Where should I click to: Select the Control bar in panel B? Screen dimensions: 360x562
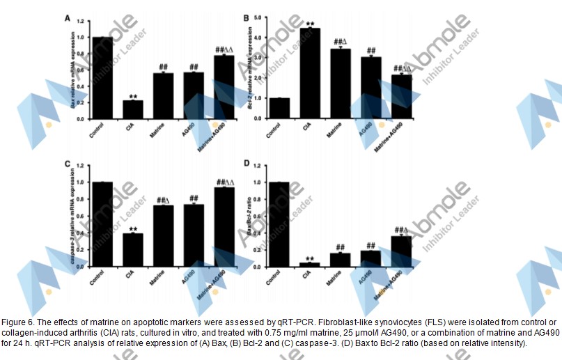(279, 109)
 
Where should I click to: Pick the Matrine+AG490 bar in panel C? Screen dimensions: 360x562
(224, 227)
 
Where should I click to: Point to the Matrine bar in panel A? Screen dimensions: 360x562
(163, 96)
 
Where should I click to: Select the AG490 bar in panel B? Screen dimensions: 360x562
(370, 88)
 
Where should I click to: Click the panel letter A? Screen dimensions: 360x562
(67, 17)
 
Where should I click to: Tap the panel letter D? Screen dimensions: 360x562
(244, 164)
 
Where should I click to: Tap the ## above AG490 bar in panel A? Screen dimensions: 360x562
(194, 67)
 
